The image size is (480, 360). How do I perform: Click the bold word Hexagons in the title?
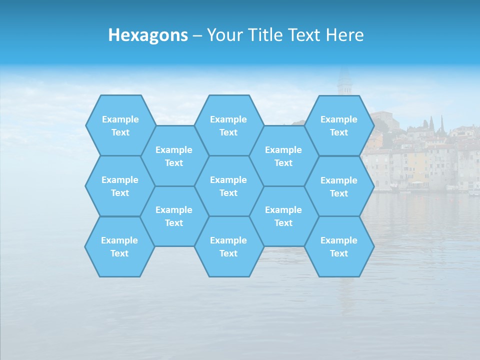click(x=148, y=35)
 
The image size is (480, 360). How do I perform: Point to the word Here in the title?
click(x=345, y=35)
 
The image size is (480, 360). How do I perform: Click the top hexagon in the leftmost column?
click(x=120, y=125)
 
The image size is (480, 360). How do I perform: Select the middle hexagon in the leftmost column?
click(x=120, y=186)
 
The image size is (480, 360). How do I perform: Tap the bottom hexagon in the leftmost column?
click(x=119, y=246)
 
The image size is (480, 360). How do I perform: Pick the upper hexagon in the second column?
click(x=174, y=156)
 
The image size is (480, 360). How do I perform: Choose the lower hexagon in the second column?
click(x=174, y=216)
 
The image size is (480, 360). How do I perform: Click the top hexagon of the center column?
click(x=228, y=125)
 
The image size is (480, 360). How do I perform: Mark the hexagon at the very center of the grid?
click(x=228, y=186)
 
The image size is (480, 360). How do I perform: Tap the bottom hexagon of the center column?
click(x=228, y=246)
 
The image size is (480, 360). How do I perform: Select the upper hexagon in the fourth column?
click(x=283, y=156)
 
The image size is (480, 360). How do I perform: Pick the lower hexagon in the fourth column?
click(x=283, y=216)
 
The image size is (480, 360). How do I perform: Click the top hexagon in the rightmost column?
click(x=339, y=125)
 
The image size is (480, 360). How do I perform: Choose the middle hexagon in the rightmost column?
click(x=339, y=186)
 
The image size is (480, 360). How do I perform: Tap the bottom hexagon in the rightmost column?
click(x=339, y=246)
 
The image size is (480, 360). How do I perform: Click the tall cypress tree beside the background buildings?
click(x=442, y=125)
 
